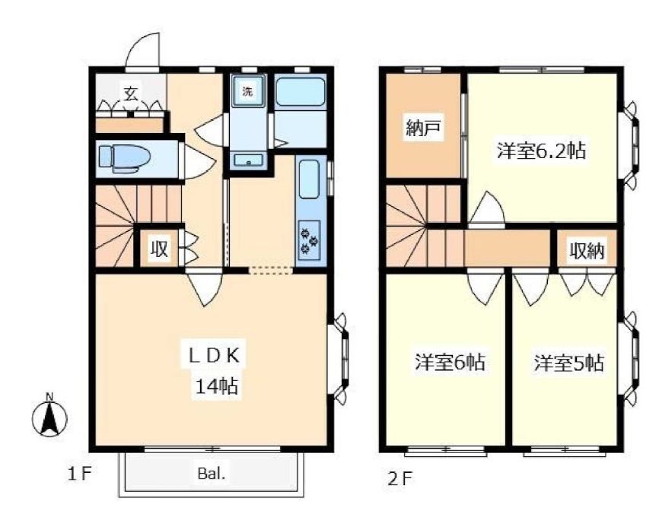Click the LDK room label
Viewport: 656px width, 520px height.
(x=214, y=356)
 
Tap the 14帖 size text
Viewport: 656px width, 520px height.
(x=216, y=387)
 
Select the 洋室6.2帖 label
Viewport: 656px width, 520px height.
(x=541, y=151)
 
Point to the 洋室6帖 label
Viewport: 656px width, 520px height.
(x=450, y=362)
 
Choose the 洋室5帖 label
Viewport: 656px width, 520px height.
(x=568, y=363)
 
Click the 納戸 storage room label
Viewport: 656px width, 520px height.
(x=423, y=128)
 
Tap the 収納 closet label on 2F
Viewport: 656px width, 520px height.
(x=587, y=251)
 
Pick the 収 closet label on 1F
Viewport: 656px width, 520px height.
(x=159, y=249)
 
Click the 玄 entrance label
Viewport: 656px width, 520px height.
(x=131, y=93)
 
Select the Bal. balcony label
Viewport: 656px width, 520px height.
(x=212, y=474)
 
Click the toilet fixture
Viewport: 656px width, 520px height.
(x=124, y=159)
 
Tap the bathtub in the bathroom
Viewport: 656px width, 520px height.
(x=300, y=92)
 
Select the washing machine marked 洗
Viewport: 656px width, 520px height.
(x=249, y=91)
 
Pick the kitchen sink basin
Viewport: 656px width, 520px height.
(x=309, y=179)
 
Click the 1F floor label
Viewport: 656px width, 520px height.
(x=79, y=474)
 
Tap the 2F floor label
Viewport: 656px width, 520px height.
(x=400, y=478)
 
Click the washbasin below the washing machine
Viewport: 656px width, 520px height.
(x=249, y=160)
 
